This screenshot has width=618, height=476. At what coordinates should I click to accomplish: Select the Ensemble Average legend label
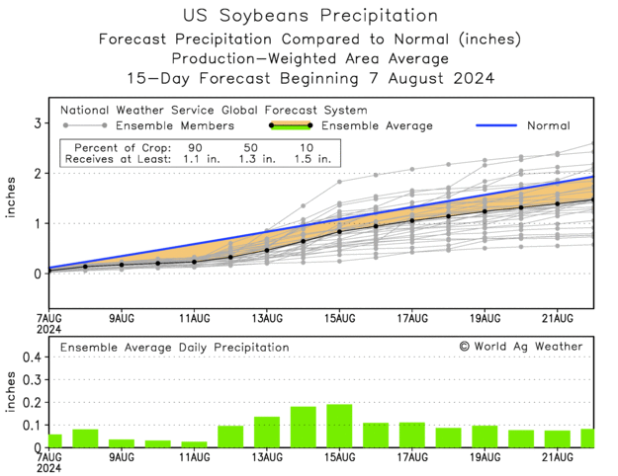[x=377, y=126]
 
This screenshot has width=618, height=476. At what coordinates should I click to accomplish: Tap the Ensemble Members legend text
[x=174, y=126]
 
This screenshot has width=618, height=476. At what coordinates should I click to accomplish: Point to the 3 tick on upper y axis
[x=37, y=123]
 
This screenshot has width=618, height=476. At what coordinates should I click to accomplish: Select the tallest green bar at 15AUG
[x=339, y=426]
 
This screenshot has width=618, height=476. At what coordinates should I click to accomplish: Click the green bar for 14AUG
[x=303, y=427]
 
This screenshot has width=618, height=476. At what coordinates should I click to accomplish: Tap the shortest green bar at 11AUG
[x=194, y=444]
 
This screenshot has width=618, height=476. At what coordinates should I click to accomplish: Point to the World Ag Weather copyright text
[x=520, y=347]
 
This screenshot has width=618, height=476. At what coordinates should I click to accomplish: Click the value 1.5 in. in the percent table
[x=313, y=158]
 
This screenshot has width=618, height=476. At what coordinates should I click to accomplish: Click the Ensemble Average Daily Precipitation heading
[x=174, y=348]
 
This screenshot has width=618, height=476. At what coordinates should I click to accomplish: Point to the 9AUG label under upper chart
[x=121, y=318]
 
